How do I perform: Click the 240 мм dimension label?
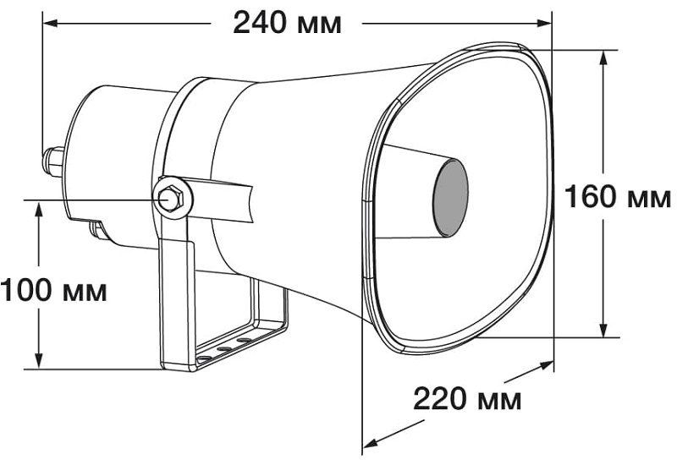(x=287, y=23)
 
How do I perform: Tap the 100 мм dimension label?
(x=54, y=292)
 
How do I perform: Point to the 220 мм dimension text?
(x=467, y=397)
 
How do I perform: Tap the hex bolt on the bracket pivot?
(x=169, y=198)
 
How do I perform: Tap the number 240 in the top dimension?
(x=260, y=23)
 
